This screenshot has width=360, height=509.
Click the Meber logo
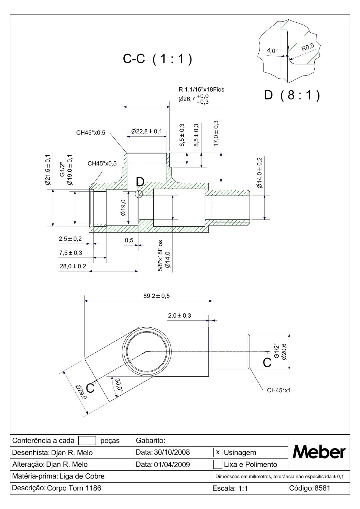(319, 452)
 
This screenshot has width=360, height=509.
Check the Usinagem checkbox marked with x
(218, 452)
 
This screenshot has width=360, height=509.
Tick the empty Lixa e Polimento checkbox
(218, 464)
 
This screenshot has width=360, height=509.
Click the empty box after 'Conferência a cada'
(87, 441)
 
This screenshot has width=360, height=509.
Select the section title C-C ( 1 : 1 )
(157, 59)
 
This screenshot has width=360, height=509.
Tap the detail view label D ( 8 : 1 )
(292, 96)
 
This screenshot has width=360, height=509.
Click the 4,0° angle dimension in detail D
(272, 51)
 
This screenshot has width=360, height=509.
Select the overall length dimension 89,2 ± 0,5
(156, 296)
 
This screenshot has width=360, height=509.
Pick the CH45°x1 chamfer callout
(279, 390)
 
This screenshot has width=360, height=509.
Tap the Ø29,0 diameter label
(81, 392)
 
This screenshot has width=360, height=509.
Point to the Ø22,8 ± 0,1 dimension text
(147, 131)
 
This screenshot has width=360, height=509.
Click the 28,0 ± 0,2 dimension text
(72, 266)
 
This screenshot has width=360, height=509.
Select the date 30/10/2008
(172, 452)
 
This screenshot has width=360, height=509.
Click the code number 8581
(322, 488)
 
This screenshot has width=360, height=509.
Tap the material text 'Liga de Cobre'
(82, 476)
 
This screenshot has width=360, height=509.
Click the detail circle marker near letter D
(139, 194)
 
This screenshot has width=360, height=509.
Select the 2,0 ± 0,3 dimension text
(179, 316)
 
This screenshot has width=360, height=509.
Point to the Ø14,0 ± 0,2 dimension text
(260, 173)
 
